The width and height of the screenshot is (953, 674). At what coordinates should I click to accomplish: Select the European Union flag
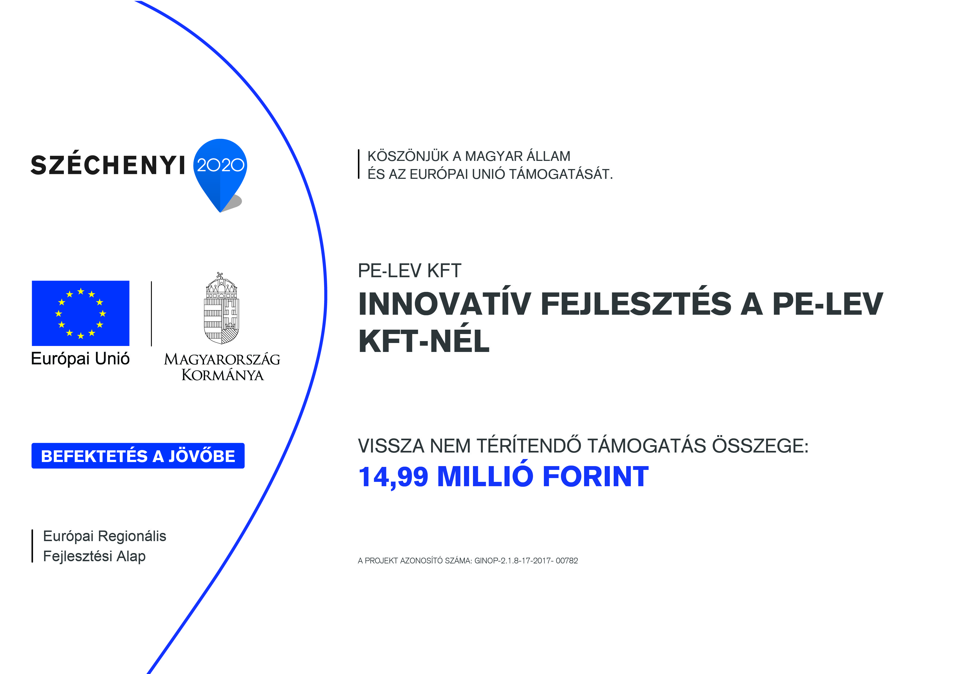coord(80,313)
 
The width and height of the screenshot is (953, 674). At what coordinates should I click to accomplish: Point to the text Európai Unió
coord(80,358)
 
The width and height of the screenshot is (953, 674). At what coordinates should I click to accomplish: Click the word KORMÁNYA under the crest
coord(222,375)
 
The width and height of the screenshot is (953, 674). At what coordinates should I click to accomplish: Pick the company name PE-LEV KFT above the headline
coord(409,271)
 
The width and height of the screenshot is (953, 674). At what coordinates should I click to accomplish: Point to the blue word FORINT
coord(595,476)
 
